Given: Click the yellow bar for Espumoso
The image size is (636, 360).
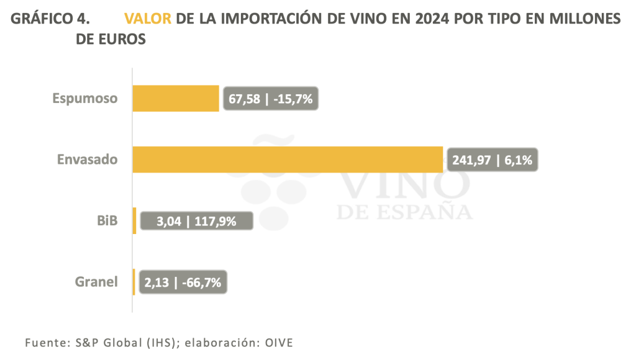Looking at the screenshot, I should click(176, 98).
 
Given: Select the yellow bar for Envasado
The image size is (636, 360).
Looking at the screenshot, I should click(288, 160).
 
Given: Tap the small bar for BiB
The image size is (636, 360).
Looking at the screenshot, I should click(134, 220).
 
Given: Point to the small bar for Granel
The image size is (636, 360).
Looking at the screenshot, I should click(134, 282).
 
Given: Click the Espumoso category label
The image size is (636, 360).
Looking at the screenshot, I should click(85, 98).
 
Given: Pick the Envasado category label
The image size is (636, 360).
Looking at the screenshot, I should click(87, 160).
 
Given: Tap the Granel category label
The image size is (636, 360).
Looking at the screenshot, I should click(96, 282).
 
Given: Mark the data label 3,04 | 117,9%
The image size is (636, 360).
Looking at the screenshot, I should click(197, 221).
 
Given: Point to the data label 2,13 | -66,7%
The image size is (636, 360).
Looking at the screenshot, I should click(183, 282).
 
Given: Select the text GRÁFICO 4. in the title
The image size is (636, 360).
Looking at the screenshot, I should click(50, 19).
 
